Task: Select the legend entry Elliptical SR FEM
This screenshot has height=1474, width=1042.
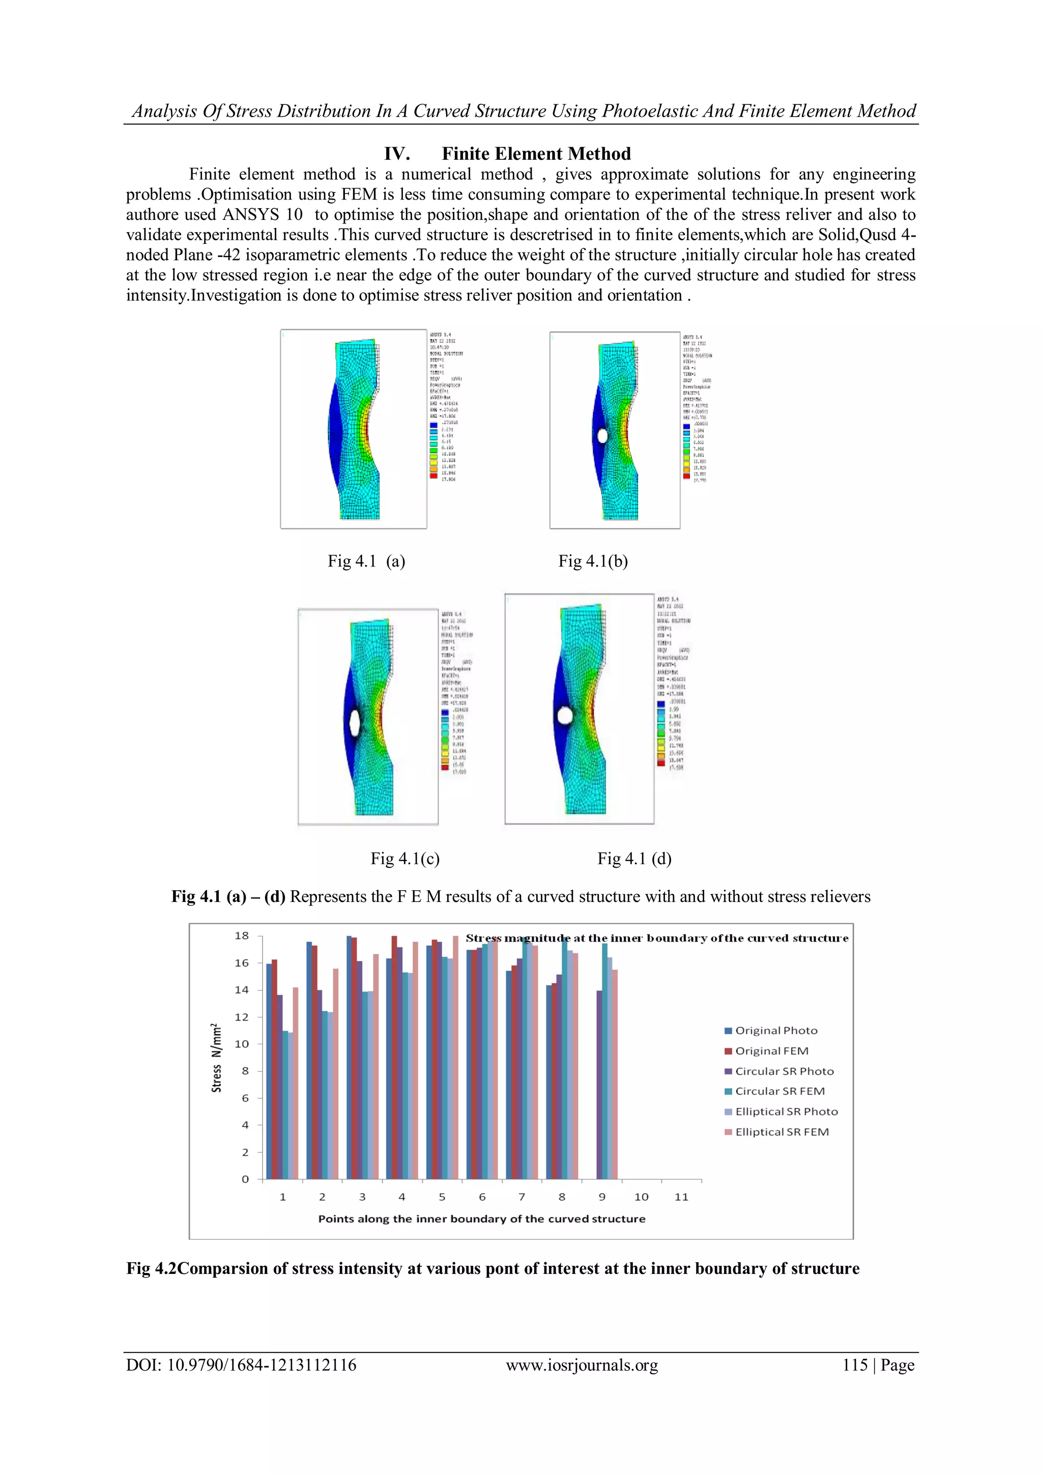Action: pyautogui.click(x=781, y=1132)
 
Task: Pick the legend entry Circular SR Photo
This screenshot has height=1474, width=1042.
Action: pyautogui.click(x=784, y=1071)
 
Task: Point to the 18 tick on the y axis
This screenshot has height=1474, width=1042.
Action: pyautogui.click(x=242, y=936)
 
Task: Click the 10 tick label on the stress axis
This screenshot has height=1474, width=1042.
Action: pyautogui.click(x=242, y=1044)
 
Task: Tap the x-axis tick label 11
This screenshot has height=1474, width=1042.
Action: pyautogui.click(x=681, y=1197)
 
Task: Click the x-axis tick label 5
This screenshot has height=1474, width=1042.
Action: pyautogui.click(x=442, y=1197)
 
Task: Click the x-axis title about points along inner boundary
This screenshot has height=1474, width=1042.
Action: pyautogui.click(x=482, y=1218)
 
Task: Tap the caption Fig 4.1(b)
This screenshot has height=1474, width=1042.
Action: pyautogui.click(x=593, y=561)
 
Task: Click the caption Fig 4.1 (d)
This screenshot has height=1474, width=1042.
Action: pyautogui.click(x=634, y=858)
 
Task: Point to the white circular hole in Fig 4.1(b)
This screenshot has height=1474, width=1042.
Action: pyautogui.click(x=602, y=435)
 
